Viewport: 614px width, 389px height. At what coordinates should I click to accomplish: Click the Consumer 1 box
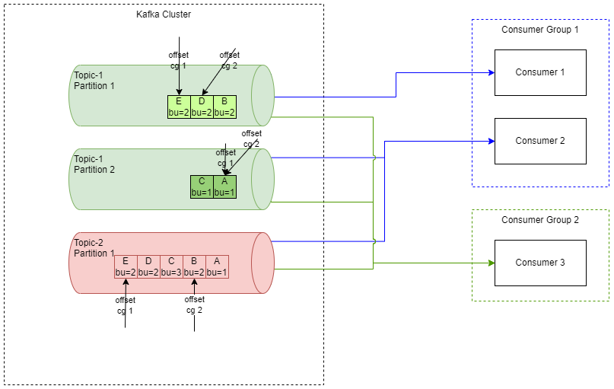click(x=540, y=72)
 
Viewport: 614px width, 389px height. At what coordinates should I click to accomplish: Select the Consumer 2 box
click(x=540, y=141)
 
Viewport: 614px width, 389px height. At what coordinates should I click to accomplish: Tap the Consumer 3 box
click(x=540, y=263)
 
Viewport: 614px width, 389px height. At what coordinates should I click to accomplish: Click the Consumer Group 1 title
click(x=540, y=30)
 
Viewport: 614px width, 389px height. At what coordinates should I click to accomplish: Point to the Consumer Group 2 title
click(x=540, y=220)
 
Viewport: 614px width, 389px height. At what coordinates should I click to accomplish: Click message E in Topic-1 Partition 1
click(x=179, y=107)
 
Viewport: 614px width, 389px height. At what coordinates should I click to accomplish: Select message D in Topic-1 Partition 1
click(x=202, y=107)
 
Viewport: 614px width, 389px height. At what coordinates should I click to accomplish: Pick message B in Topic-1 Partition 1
click(x=224, y=107)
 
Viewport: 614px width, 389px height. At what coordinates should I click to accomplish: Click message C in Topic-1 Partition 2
click(x=202, y=187)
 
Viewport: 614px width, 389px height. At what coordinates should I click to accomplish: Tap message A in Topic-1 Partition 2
click(x=224, y=187)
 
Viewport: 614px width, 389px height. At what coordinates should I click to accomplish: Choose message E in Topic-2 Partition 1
click(x=126, y=266)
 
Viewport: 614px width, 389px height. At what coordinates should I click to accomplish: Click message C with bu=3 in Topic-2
click(x=171, y=266)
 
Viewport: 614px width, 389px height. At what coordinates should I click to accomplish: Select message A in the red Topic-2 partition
click(x=217, y=266)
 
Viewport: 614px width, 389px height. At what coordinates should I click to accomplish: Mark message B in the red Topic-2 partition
click(x=194, y=266)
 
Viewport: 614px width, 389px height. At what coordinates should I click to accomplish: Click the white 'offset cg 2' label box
click(x=195, y=305)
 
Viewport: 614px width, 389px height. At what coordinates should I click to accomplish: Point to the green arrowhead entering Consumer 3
click(x=491, y=263)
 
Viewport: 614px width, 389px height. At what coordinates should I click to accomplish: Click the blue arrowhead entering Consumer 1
click(x=491, y=72)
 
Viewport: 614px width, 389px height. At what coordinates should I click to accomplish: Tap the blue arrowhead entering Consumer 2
click(x=491, y=141)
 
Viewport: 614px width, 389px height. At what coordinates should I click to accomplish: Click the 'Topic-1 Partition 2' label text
click(x=94, y=164)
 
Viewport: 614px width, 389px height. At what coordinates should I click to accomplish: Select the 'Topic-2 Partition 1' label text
click(x=94, y=248)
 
